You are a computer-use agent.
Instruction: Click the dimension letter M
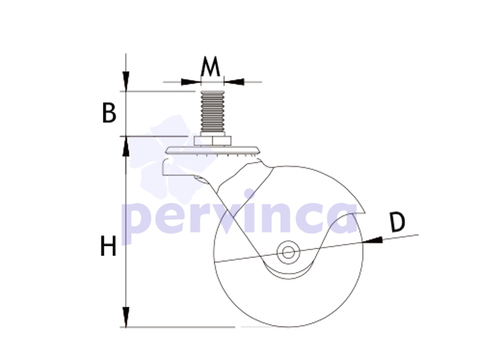pyautogui.click(x=210, y=66)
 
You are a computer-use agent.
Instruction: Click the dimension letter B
pyautogui.click(x=109, y=113)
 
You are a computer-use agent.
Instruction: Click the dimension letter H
pyautogui.click(x=109, y=246)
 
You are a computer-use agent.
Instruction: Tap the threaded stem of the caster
pyautogui.click(x=212, y=111)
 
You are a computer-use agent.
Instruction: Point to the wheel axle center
pyautogui.click(x=288, y=252)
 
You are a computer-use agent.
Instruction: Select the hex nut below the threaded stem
pyautogui.click(x=213, y=141)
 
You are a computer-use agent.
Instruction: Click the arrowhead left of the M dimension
pyautogui.click(x=191, y=82)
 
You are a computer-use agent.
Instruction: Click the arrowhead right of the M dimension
pyautogui.click(x=234, y=82)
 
